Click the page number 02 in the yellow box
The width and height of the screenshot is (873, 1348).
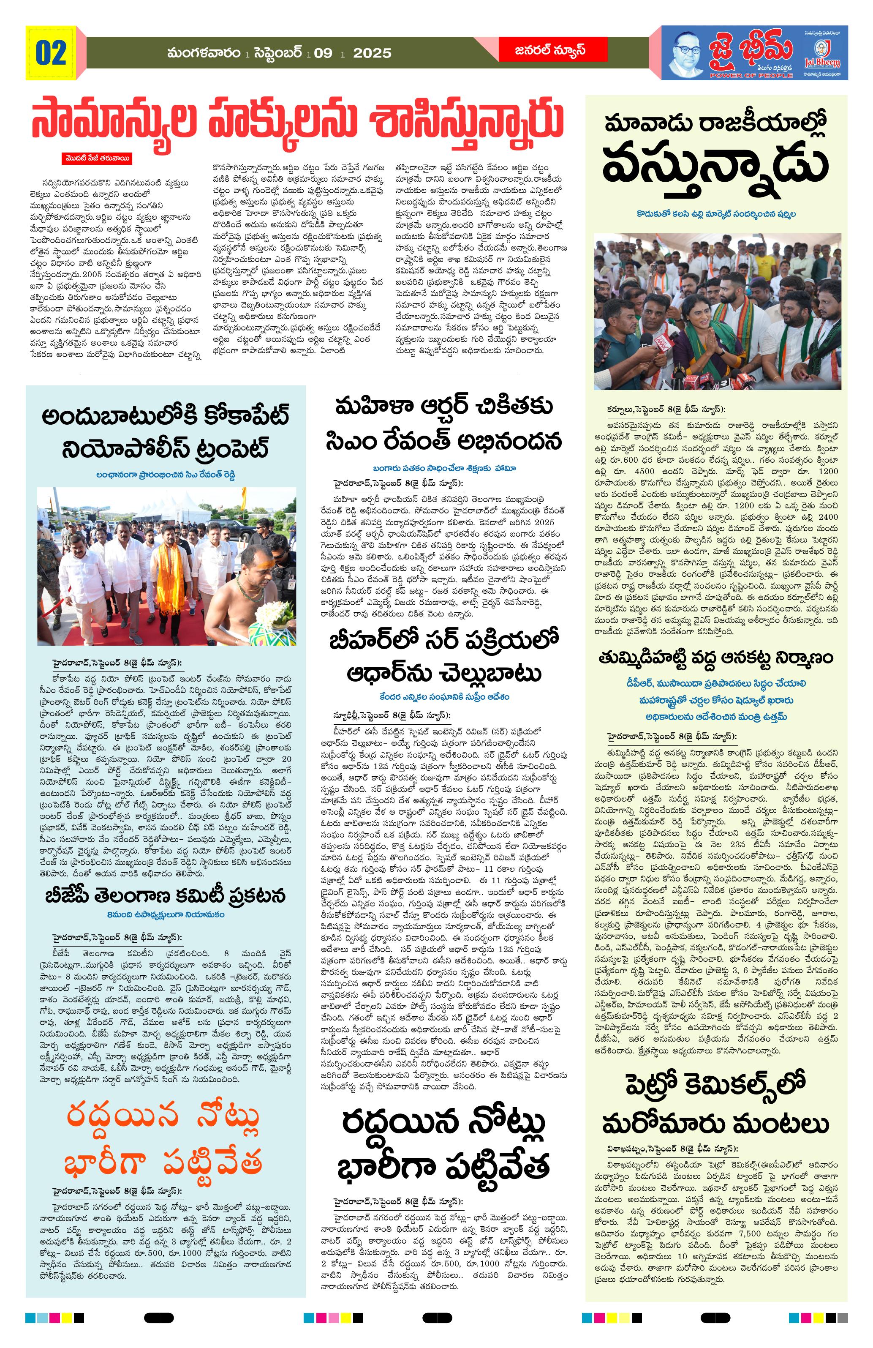coord(51,53)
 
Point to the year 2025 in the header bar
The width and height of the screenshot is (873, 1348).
coord(372,53)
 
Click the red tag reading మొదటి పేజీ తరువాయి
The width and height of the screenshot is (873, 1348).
coord(97,158)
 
